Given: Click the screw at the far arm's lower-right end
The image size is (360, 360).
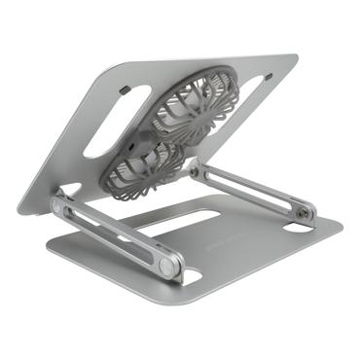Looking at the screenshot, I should click(x=306, y=211).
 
